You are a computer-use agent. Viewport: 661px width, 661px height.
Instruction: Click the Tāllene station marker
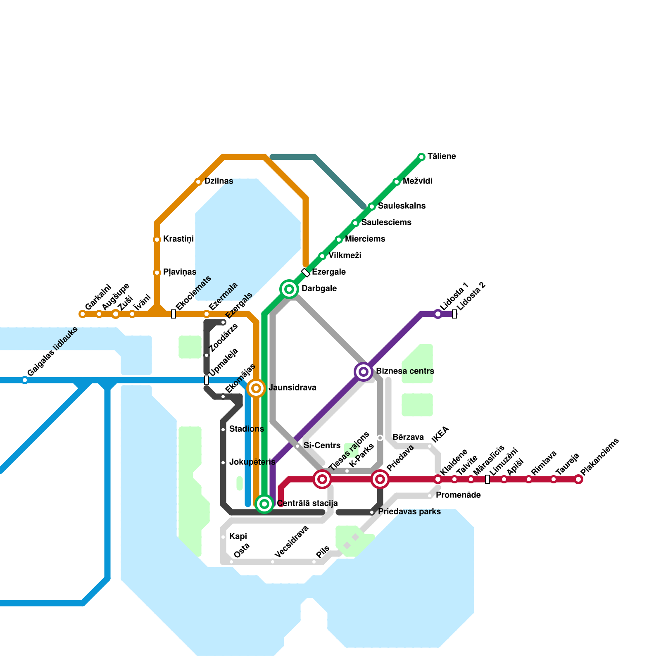(421, 157)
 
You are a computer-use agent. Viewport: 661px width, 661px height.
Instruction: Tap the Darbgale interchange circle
(289, 289)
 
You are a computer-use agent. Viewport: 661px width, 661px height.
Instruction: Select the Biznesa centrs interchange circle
(364, 372)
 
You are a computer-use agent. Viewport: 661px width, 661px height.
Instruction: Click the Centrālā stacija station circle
(264, 504)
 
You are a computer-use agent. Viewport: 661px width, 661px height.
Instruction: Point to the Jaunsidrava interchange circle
(256, 388)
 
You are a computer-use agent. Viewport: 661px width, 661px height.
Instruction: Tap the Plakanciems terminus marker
(578, 479)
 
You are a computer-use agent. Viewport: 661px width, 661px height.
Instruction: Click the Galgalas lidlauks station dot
(25, 380)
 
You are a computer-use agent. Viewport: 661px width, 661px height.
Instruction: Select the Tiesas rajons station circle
(322, 479)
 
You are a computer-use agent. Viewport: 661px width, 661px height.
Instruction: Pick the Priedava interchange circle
(380, 479)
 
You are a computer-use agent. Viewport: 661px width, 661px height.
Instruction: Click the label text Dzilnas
(219, 181)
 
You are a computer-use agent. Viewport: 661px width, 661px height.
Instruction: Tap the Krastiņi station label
(178, 239)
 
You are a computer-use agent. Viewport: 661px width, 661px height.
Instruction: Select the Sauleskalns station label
(402, 206)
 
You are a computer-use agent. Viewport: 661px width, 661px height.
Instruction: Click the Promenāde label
(458, 495)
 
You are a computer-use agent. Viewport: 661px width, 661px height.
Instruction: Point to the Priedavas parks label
(409, 512)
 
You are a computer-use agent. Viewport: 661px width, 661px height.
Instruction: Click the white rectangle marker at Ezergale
(306, 273)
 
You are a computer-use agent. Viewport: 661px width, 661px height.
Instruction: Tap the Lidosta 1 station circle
(438, 314)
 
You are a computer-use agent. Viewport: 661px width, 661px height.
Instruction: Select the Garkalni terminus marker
(83, 314)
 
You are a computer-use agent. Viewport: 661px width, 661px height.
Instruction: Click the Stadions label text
(246, 429)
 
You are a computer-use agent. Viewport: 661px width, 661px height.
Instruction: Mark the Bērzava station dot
(380, 438)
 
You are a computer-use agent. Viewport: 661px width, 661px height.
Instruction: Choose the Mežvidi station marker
(397, 182)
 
